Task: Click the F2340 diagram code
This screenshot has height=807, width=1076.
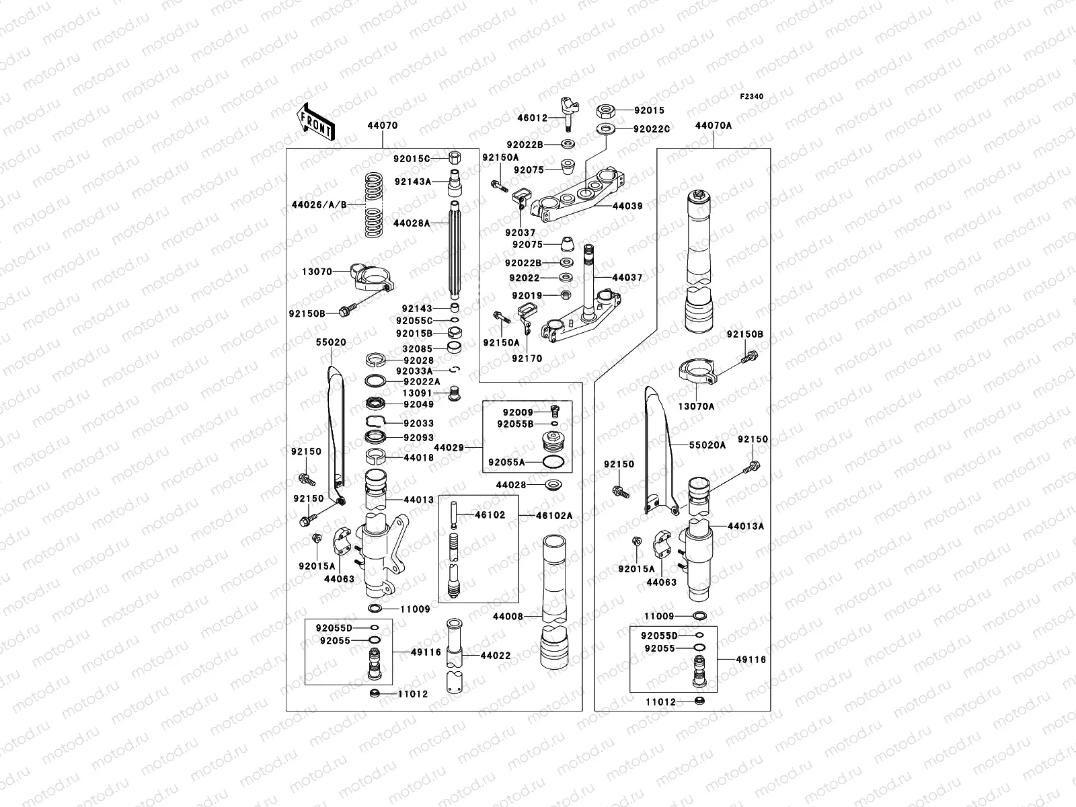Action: [752, 97]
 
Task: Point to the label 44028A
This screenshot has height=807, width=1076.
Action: [412, 223]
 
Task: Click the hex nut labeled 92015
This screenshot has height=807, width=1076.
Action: [603, 110]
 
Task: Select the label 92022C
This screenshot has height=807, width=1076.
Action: [652, 128]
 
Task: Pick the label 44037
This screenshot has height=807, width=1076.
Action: [627, 277]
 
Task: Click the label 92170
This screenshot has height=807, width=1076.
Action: [526, 358]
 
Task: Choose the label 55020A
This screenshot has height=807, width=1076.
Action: [707, 445]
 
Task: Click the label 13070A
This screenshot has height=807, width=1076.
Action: [695, 406]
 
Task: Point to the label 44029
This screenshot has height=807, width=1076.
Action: [449, 447]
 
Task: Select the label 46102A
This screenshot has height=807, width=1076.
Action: [554, 515]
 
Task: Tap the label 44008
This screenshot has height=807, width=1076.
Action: [507, 616]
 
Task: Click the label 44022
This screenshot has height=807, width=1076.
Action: [495, 655]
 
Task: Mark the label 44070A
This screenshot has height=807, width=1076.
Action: [713, 125]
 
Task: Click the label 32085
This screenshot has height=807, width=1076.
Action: [417, 348]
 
